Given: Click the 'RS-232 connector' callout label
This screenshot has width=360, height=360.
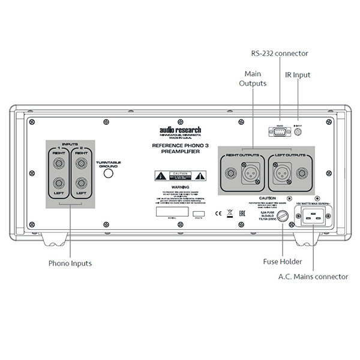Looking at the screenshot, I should pos(279,53).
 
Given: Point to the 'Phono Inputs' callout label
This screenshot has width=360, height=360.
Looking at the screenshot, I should pos(70,263).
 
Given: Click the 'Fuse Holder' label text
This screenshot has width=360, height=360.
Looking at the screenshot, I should pos(282,262).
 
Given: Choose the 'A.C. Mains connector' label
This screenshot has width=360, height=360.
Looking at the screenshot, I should pos(313,277).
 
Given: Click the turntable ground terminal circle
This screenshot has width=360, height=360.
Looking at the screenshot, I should pos(109,174).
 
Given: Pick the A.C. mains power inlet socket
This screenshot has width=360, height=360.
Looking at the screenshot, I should pos(315,219).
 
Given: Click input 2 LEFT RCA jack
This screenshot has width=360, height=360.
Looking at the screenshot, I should pos(80,184).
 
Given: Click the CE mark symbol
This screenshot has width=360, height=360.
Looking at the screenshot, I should pos(217,212).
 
